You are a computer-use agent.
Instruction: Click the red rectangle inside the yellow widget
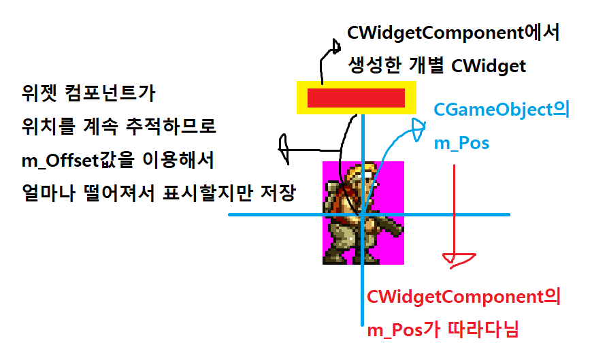pos(356,98)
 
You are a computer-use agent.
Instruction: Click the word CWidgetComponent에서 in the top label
pos(453,33)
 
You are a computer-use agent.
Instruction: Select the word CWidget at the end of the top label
pos(494,66)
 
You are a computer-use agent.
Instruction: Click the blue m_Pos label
pos(461,144)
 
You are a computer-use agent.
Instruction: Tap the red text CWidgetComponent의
pos(463,297)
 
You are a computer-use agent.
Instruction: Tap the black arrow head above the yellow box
pos(335,47)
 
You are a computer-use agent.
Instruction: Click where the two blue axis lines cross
pos(363,215)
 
